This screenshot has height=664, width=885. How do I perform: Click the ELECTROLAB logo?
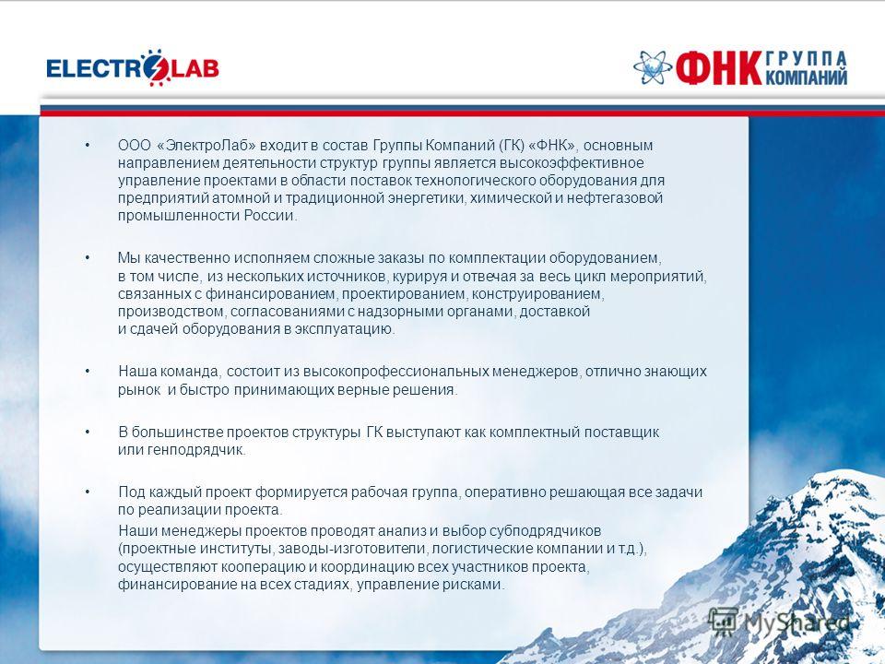click(x=133, y=67)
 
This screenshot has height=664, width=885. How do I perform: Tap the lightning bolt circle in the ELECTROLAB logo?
click(x=156, y=67)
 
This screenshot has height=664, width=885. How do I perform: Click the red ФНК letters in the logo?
click(x=718, y=68)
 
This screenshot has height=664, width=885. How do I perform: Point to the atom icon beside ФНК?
click(x=653, y=67)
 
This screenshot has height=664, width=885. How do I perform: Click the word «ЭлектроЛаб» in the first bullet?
click(x=206, y=146)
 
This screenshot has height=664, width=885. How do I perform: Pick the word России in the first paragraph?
click(x=270, y=216)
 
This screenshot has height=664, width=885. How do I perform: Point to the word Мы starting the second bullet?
click(x=129, y=258)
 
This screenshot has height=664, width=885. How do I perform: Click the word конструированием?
click(x=537, y=293)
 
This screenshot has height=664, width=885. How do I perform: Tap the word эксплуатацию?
click(x=344, y=329)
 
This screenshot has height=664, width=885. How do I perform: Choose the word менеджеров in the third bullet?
click(x=536, y=372)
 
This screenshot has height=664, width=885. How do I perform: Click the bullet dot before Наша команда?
click(x=88, y=372)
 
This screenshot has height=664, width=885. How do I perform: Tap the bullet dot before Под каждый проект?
click(x=88, y=492)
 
